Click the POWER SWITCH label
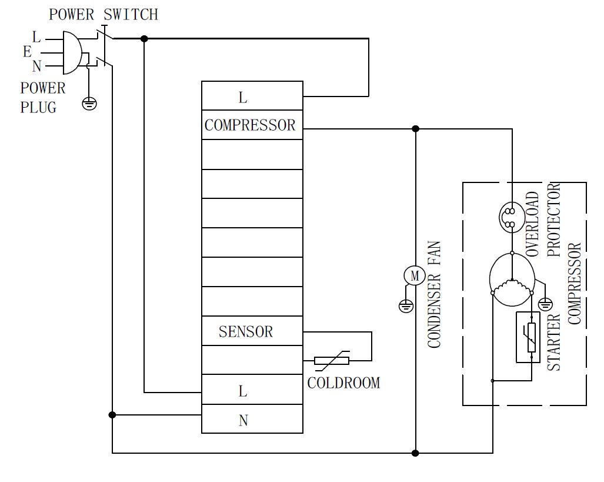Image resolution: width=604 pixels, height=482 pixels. (104, 14)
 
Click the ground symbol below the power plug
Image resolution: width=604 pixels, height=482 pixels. (89, 104)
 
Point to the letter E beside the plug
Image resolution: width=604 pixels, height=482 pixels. (27, 52)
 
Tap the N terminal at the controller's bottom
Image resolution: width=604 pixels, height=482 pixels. (243, 420)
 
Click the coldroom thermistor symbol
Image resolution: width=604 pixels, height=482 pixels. (332, 361)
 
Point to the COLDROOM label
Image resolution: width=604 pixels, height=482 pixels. (343, 383)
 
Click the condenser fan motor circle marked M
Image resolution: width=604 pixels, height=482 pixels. (414, 275)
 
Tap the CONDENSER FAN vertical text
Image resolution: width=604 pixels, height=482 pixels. (434, 294)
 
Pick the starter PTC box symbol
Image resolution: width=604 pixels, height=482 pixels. (528, 337)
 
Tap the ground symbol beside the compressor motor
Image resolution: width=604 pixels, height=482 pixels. (546, 304)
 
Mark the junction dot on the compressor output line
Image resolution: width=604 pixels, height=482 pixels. (415, 128)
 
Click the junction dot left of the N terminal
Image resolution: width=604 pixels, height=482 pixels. (112, 415)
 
